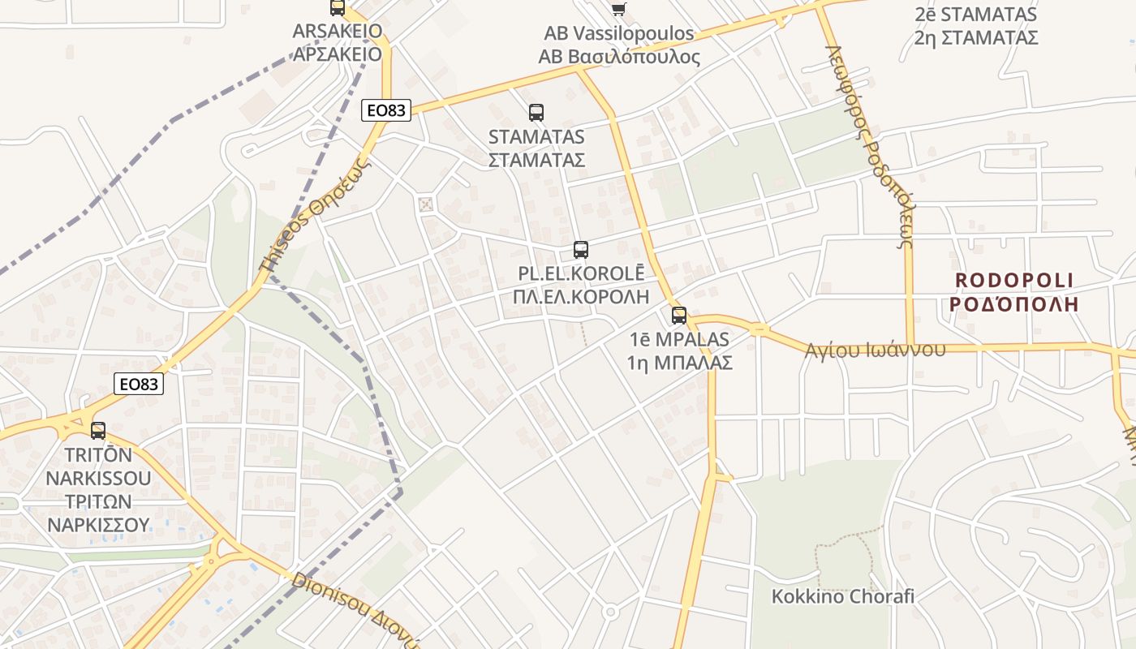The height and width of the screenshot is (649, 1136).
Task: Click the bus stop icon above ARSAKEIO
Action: (337, 7)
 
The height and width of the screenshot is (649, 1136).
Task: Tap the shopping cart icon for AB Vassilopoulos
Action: (619, 9)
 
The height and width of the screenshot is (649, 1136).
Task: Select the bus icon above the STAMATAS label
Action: (536, 113)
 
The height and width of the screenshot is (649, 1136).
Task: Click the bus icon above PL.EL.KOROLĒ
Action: (581, 249)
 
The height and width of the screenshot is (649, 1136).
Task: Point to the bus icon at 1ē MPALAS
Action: (679, 316)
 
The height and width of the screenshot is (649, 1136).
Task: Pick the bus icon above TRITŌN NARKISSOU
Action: (98, 431)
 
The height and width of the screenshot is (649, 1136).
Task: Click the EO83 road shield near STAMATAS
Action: (386, 110)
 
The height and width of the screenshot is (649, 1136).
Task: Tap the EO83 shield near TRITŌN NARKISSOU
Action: (139, 384)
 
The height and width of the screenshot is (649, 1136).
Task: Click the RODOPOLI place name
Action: (1014, 281)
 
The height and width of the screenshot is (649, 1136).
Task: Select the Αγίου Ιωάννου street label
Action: (876, 350)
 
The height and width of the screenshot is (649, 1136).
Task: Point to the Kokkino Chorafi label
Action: (842, 596)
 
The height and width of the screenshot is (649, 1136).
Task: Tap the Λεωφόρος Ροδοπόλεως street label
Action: (871, 146)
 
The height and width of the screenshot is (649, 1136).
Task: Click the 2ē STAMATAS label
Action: (975, 15)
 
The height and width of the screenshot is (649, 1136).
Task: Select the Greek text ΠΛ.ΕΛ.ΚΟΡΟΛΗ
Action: (581, 296)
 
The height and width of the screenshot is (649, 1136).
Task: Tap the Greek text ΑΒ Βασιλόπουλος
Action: (619, 57)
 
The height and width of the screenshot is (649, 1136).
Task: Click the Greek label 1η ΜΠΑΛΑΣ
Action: (680, 362)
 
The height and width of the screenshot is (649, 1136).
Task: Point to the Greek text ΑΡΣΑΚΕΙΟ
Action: (337, 54)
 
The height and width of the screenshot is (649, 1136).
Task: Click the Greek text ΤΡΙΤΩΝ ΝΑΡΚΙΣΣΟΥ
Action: (98, 513)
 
